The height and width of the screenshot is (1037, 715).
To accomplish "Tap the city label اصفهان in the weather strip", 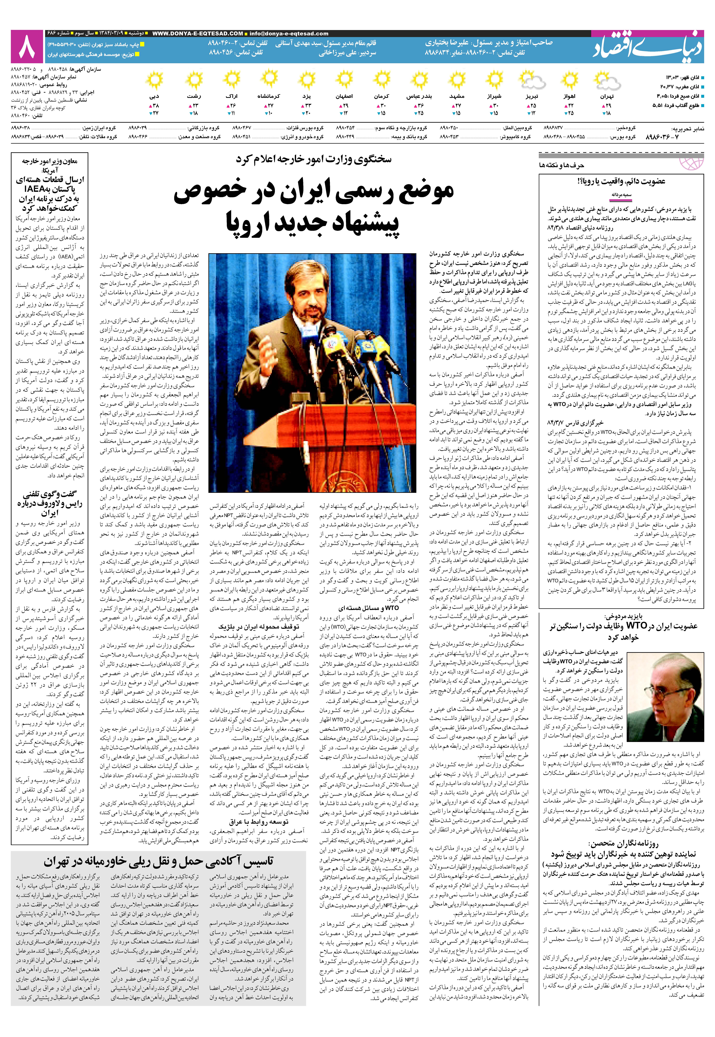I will click(x=344, y=96).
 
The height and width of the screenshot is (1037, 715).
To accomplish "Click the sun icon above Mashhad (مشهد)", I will click(x=457, y=81).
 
